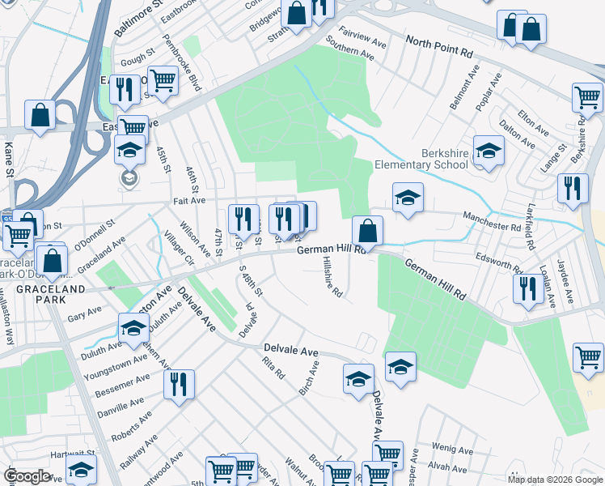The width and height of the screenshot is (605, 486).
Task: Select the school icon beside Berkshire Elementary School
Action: pyautogui.click(x=489, y=151)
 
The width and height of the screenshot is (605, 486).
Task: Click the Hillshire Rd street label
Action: pyautogui.click(x=332, y=279)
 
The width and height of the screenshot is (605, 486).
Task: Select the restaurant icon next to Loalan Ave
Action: pyautogui.click(x=528, y=290)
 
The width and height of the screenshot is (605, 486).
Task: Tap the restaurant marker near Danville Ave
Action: pyautogui.click(x=179, y=386)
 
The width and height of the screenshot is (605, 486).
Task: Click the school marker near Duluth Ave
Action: pyautogui.click(x=133, y=328)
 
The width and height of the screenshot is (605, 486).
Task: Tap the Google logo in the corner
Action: pyautogui.click(x=27, y=475)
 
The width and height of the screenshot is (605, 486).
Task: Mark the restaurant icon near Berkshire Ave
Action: pyautogui.click(x=573, y=190)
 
